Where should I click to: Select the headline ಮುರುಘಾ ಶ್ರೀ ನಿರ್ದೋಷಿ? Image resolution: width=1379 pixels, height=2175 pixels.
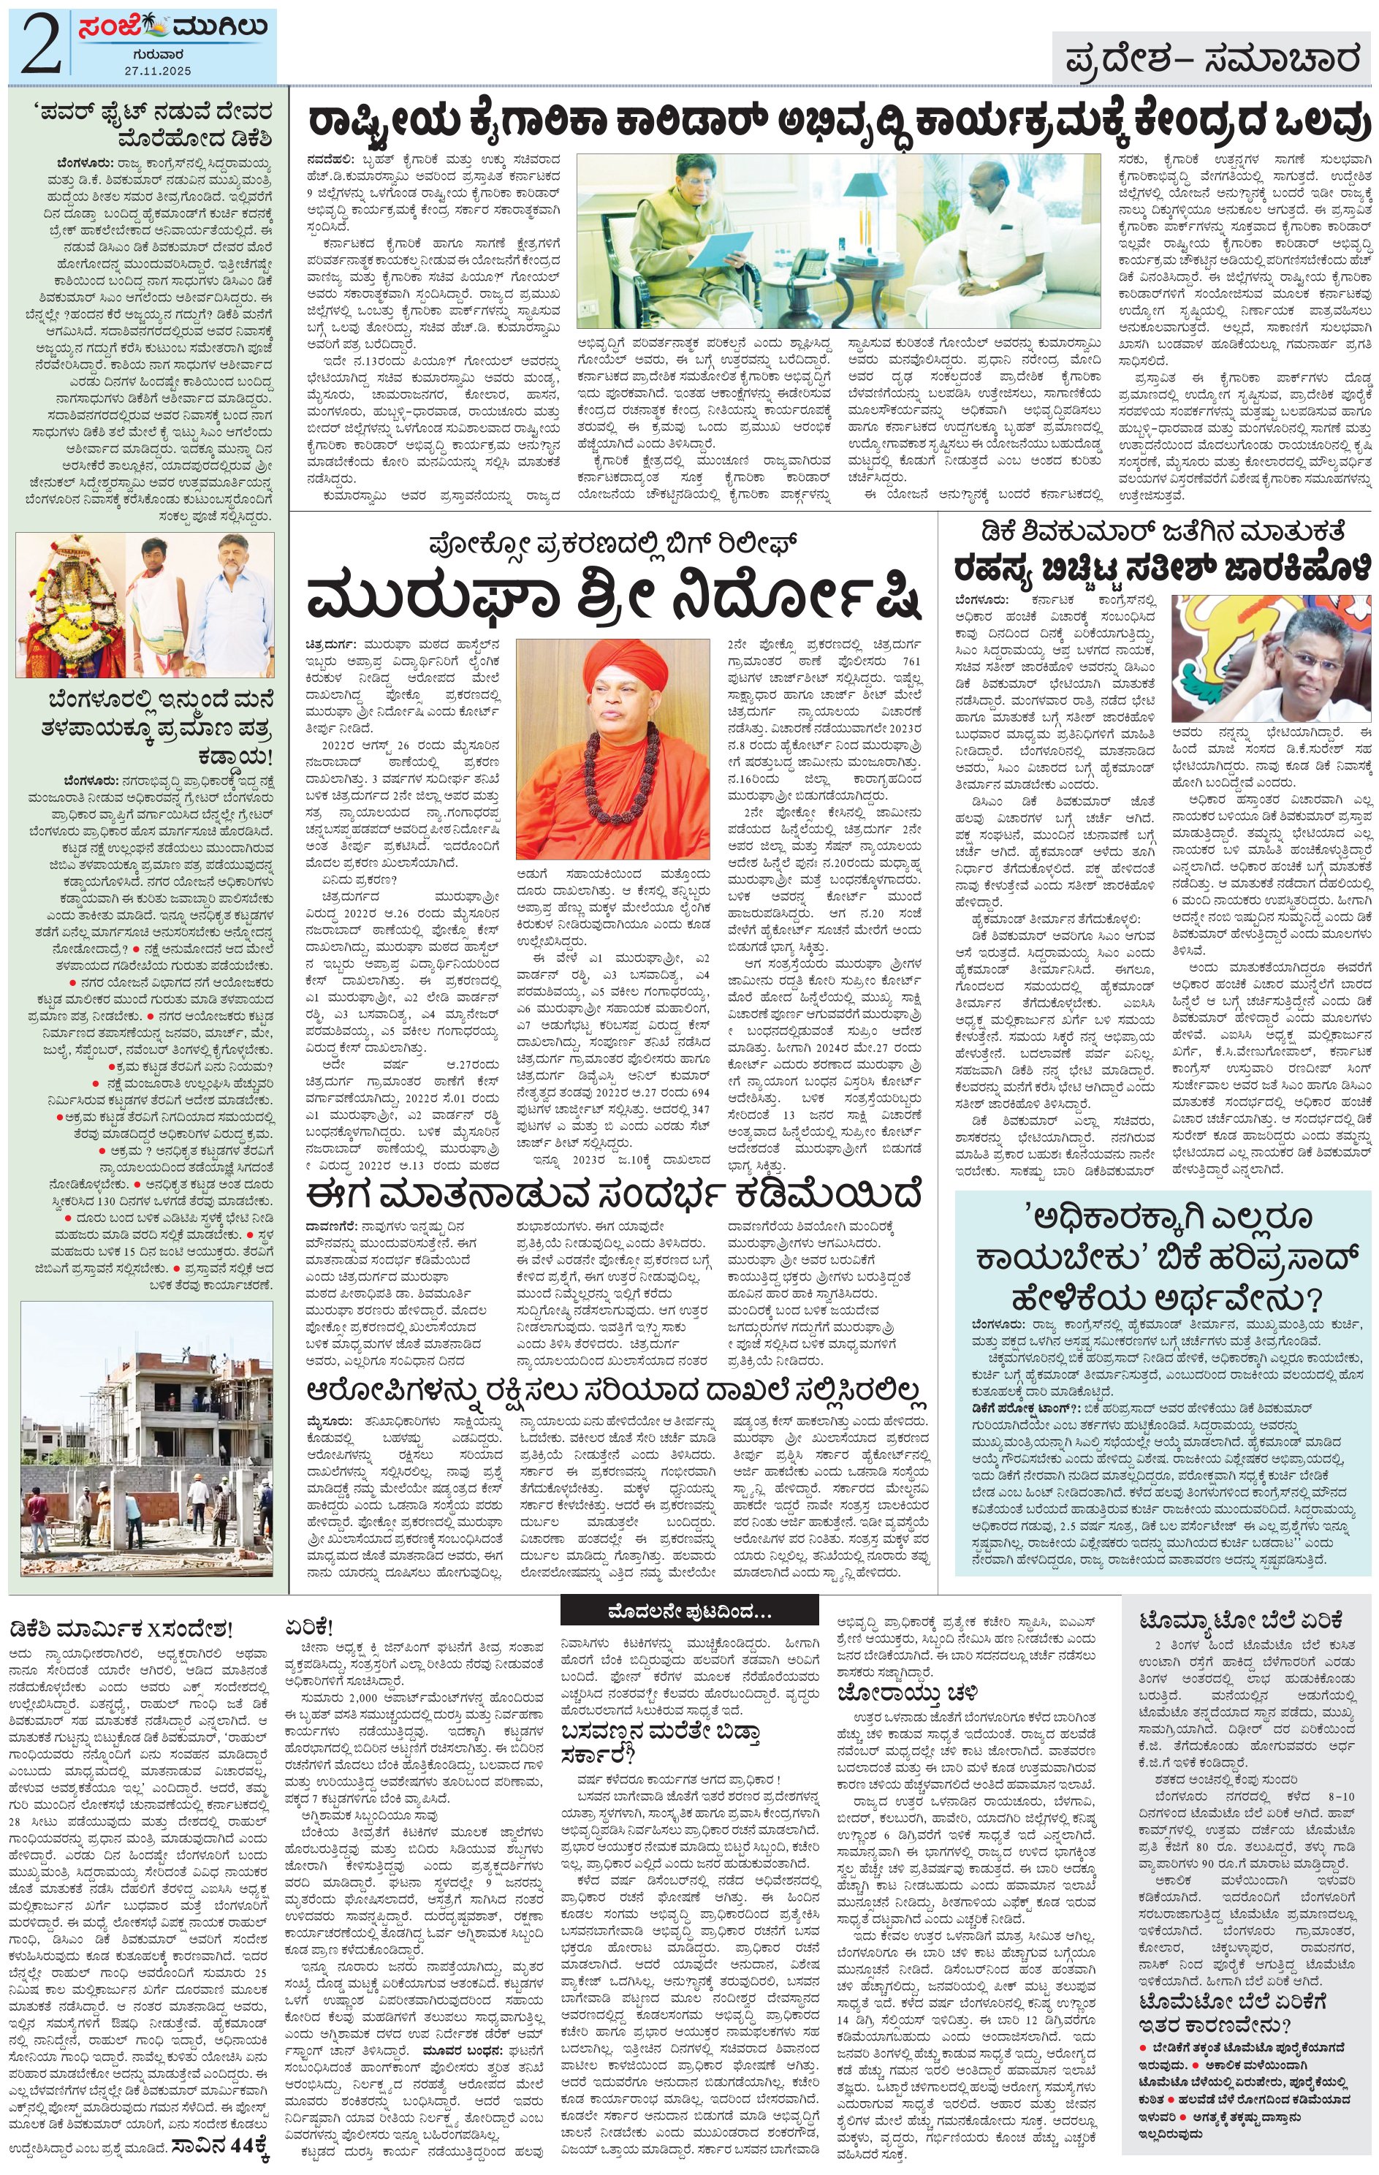[x=614, y=597]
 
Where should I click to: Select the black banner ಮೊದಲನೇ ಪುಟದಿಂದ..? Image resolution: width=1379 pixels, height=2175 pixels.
[x=690, y=1612]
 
